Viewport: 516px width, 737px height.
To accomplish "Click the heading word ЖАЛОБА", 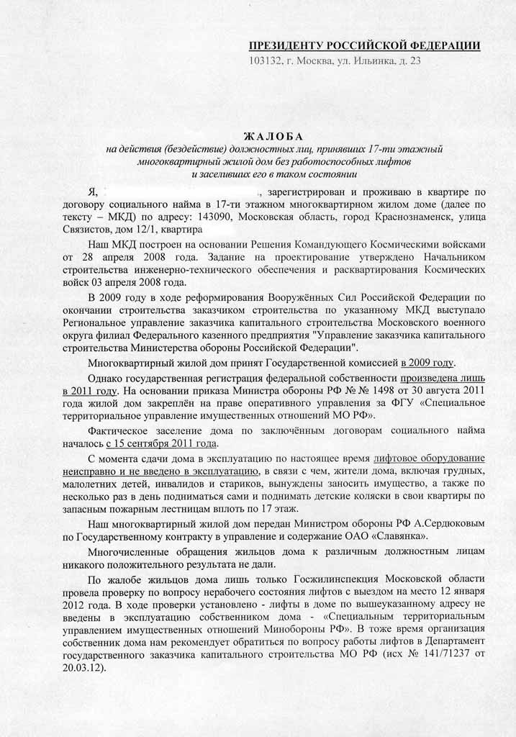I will (x=274, y=136).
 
